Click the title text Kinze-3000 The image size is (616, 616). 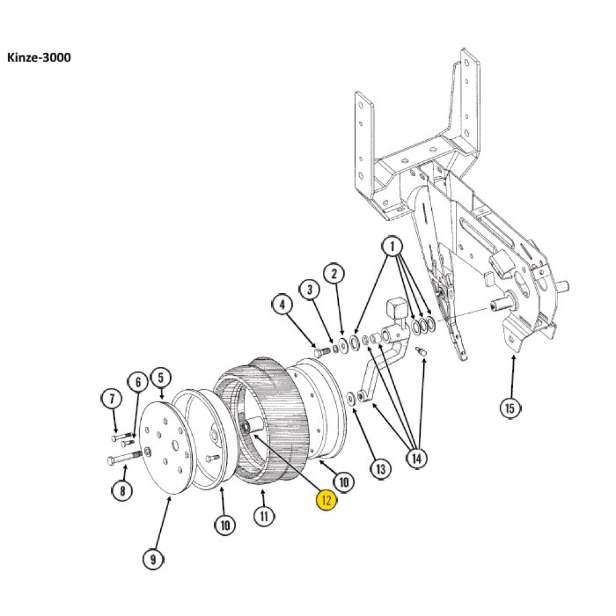click(38, 58)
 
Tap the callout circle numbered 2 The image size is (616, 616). click(334, 274)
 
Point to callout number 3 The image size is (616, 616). click(310, 289)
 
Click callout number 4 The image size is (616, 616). click(282, 304)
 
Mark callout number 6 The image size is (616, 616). click(137, 383)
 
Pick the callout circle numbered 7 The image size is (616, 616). click(111, 399)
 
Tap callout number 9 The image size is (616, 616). click(153, 559)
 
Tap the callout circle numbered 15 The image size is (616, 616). click(509, 407)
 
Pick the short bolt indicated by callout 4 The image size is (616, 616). click(320, 352)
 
